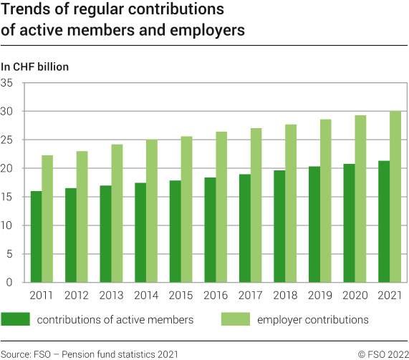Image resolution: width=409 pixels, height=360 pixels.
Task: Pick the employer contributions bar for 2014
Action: (152, 211)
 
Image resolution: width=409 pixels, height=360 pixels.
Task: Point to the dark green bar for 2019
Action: (314, 224)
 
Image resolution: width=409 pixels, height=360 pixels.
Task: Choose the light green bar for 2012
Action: (82, 217)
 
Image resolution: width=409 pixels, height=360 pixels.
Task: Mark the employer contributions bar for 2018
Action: (291, 203)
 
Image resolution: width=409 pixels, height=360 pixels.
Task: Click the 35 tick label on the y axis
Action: (11, 83)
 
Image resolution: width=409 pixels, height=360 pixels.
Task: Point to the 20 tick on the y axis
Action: (11, 168)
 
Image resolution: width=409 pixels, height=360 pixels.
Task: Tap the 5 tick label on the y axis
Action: (14, 254)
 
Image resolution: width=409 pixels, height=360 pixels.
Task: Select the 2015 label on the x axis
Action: (181, 295)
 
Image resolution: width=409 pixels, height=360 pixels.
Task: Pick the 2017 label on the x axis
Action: (251, 295)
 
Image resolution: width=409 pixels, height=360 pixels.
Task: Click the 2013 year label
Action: (111, 295)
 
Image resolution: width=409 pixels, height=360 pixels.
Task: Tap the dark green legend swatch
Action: (15, 319)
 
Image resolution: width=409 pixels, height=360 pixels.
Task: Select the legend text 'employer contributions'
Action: (313, 320)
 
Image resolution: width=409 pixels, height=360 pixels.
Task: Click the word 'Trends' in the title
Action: (25, 11)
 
